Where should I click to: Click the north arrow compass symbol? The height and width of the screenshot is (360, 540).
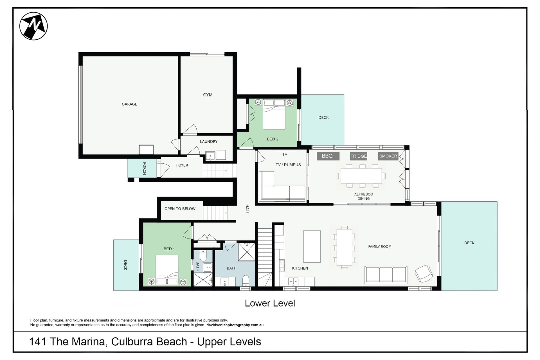(33, 26)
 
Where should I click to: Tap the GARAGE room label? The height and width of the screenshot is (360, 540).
(129, 104)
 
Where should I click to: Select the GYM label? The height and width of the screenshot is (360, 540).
(208, 95)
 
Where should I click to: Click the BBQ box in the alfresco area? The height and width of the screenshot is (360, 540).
(328, 156)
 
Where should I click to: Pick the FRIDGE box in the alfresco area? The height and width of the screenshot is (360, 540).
(359, 156)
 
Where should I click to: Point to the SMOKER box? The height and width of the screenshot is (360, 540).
(388, 156)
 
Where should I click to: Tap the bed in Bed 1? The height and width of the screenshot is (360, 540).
(167, 270)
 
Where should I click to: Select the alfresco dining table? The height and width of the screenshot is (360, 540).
(361, 176)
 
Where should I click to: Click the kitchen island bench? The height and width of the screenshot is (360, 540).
(312, 246)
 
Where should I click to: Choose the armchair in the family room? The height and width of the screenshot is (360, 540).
(424, 273)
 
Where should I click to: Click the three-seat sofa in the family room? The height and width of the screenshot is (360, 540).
(386, 274)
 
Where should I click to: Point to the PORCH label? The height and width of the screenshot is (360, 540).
(144, 168)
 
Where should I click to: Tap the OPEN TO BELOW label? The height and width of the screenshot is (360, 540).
(180, 209)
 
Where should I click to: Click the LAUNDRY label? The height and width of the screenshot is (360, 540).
(209, 141)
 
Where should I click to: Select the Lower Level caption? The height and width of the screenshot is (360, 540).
(270, 303)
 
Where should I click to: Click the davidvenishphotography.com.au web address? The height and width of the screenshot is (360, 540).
(235, 325)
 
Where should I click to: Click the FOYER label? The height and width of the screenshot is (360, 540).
(182, 165)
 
